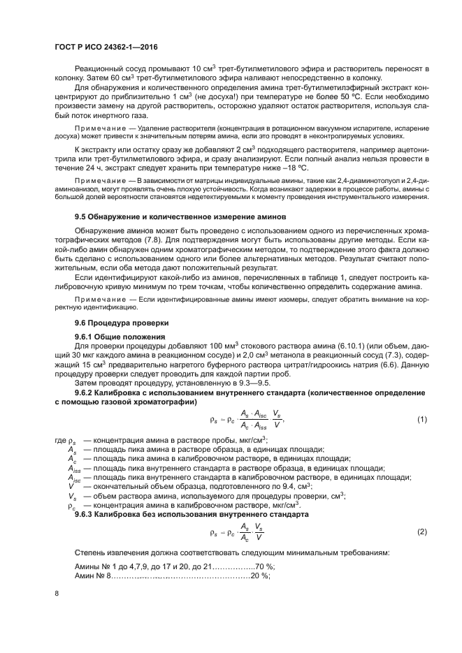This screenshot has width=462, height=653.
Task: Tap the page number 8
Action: click(x=56, y=594)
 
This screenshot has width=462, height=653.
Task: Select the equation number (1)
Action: click(x=421, y=419)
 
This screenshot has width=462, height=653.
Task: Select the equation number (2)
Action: click(x=421, y=532)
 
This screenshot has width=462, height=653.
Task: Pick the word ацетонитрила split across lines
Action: click(x=409, y=149)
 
